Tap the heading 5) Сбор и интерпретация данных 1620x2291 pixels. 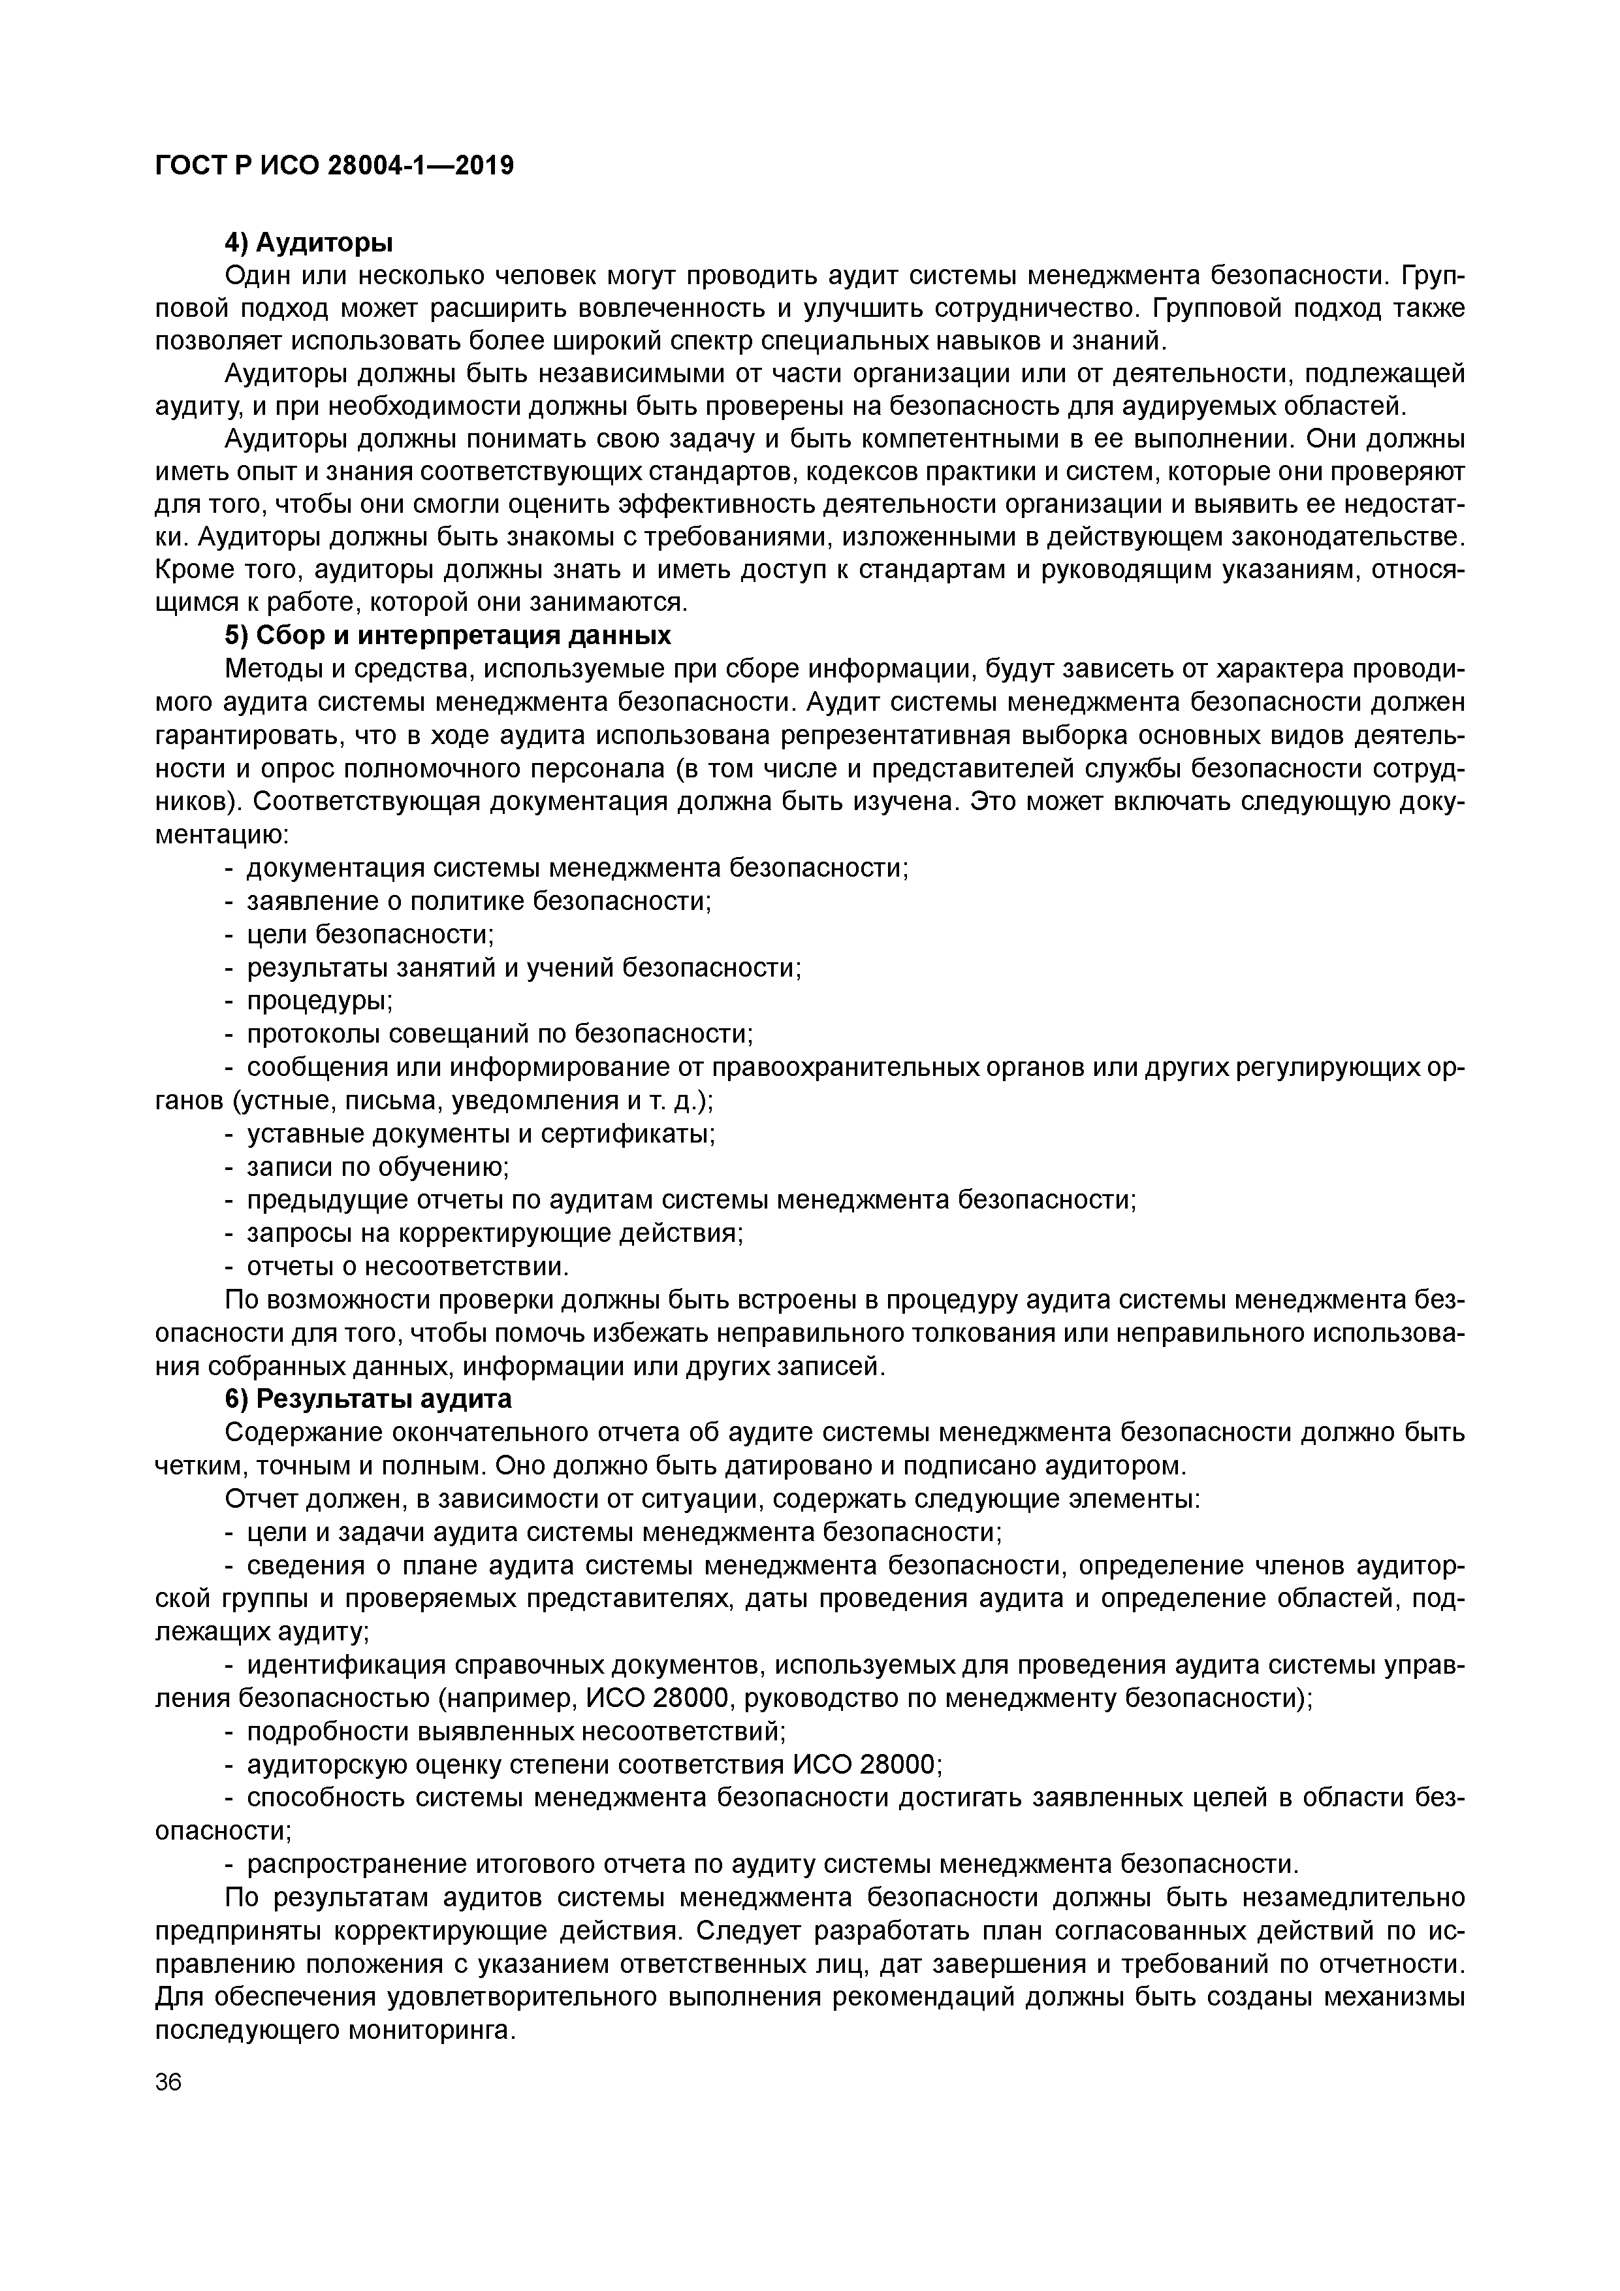coord(448,636)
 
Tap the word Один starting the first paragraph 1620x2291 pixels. coord(259,276)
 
